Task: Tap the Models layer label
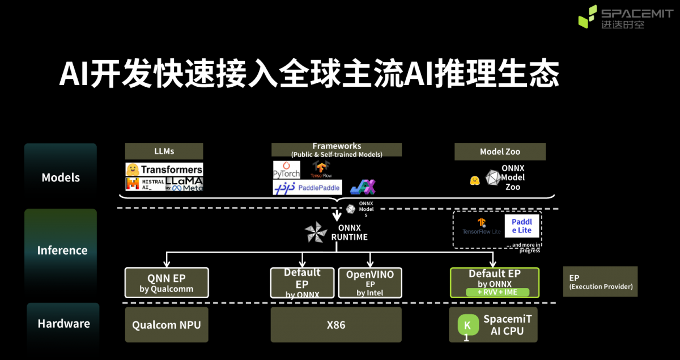click(61, 177)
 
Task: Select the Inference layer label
click(62, 250)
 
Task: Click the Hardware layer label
click(63, 324)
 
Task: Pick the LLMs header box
click(164, 151)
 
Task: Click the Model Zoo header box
click(499, 151)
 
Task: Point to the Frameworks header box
click(337, 150)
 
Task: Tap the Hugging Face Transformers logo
click(164, 169)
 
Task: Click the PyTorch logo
click(286, 170)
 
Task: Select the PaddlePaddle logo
click(307, 187)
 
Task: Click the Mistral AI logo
click(145, 184)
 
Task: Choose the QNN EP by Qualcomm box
click(167, 283)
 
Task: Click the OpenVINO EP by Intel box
click(370, 283)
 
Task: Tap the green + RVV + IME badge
click(497, 293)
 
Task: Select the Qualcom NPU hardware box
click(167, 325)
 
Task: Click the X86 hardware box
click(336, 325)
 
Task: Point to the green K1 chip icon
click(467, 325)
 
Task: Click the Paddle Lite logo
click(521, 226)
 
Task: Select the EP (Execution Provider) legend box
click(600, 282)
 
